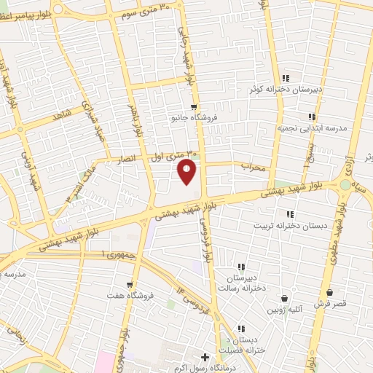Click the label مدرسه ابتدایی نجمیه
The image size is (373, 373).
314,127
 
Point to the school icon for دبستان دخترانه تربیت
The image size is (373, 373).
289,214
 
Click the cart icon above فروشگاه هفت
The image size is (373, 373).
130,285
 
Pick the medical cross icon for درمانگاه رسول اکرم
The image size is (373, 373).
205,358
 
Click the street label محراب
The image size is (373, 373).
255,167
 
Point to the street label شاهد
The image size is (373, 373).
64,115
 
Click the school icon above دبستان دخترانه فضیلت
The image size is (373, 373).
242,328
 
